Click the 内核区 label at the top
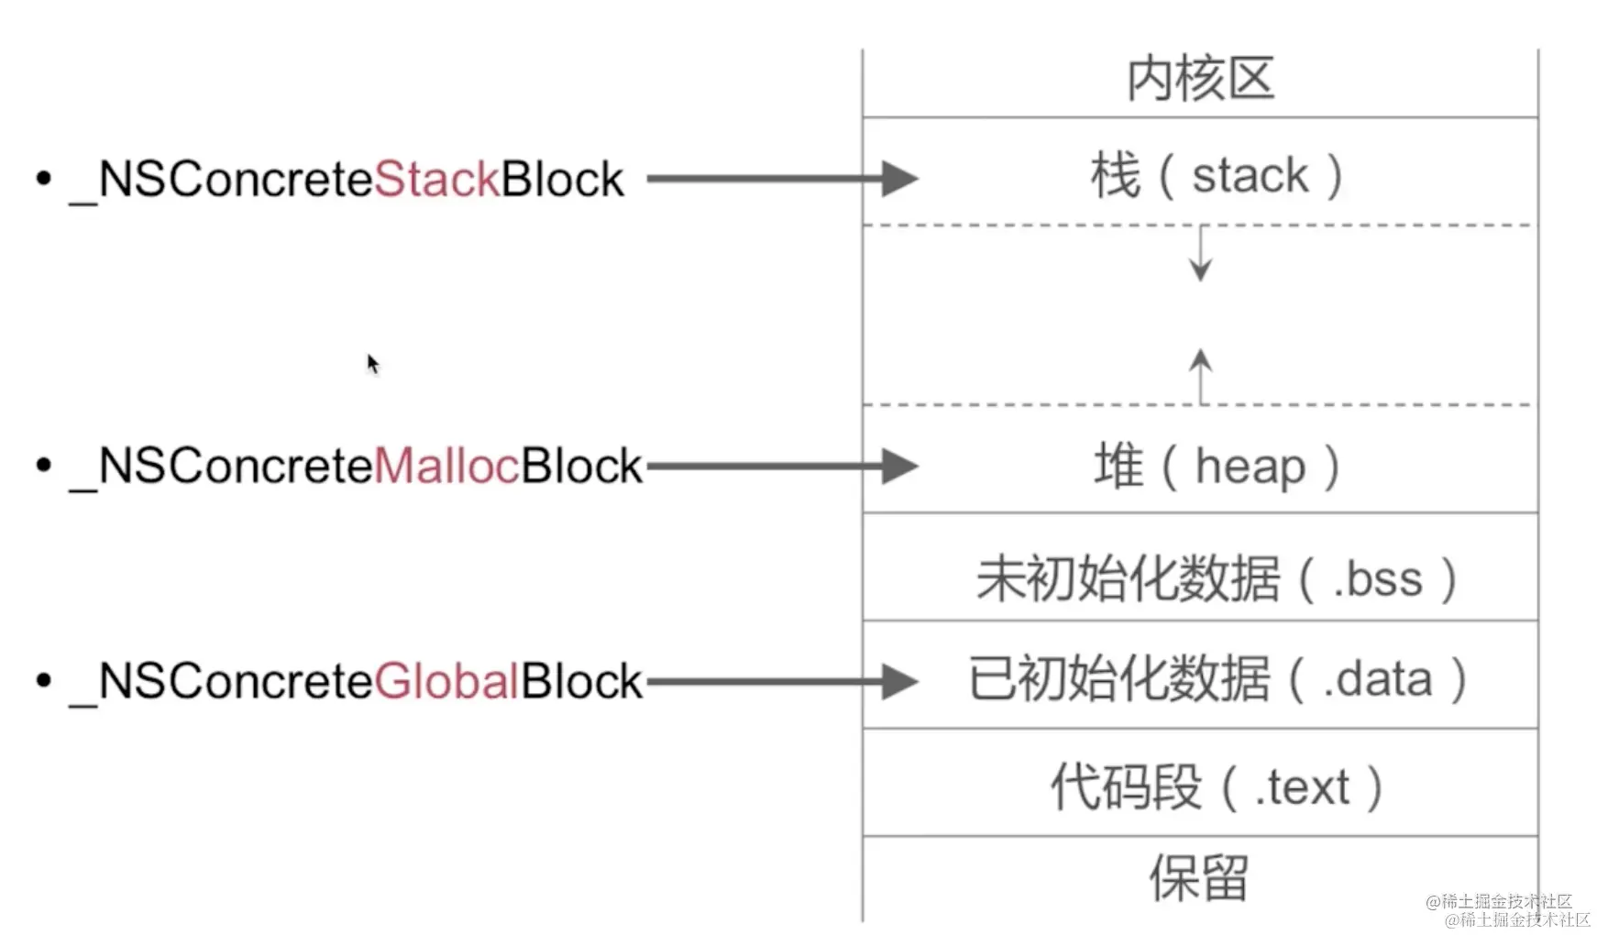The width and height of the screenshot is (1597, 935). click(1199, 79)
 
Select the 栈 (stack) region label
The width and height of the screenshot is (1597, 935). click(1216, 175)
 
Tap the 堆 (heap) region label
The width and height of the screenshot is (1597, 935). click(1216, 466)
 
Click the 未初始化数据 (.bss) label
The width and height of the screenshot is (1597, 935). click(1216, 578)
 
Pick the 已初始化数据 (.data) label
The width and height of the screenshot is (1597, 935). click(1216, 679)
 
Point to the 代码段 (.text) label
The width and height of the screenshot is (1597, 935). click(1216, 786)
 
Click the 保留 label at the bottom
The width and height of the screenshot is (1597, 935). click(1199, 877)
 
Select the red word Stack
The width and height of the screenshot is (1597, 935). click(436, 179)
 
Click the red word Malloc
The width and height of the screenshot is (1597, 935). click(446, 466)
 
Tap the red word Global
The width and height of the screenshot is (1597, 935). click(446, 681)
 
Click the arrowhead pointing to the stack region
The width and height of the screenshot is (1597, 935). click(898, 179)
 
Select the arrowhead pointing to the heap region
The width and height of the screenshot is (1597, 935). click(898, 466)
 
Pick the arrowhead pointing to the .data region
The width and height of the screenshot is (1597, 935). click(898, 681)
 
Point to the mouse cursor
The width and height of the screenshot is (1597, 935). click(371, 363)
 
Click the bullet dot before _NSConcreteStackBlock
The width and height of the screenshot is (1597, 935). click(43, 178)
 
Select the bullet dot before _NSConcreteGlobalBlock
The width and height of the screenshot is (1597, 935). click(43, 680)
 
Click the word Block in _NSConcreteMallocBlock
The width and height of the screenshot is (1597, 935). click(581, 466)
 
